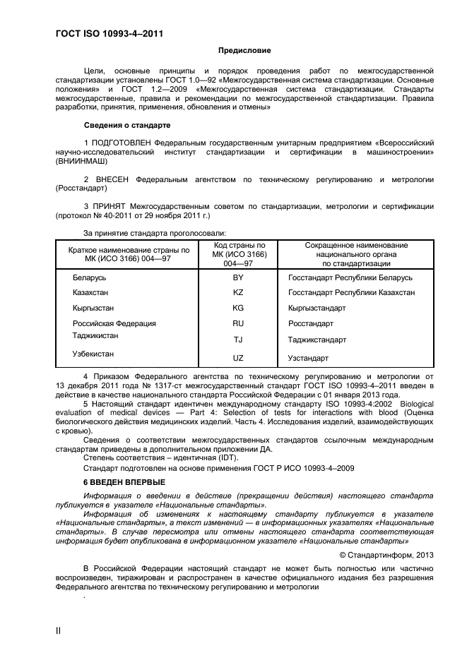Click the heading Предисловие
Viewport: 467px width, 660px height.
point(244,51)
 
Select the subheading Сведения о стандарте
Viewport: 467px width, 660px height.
point(127,125)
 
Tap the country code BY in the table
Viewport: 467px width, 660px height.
point(238,277)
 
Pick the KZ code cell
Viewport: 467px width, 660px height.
point(238,292)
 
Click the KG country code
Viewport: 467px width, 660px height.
point(238,308)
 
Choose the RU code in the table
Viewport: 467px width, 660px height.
point(238,324)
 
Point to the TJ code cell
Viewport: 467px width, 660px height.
point(238,340)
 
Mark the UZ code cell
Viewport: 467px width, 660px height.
point(238,358)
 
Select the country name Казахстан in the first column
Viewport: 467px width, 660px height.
point(90,292)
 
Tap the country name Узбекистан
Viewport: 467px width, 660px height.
point(93,354)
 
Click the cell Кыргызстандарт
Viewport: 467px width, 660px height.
point(317,308)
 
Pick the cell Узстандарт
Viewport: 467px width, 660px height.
point(308,358)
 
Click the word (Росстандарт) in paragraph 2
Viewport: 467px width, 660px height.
point(81,188)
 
